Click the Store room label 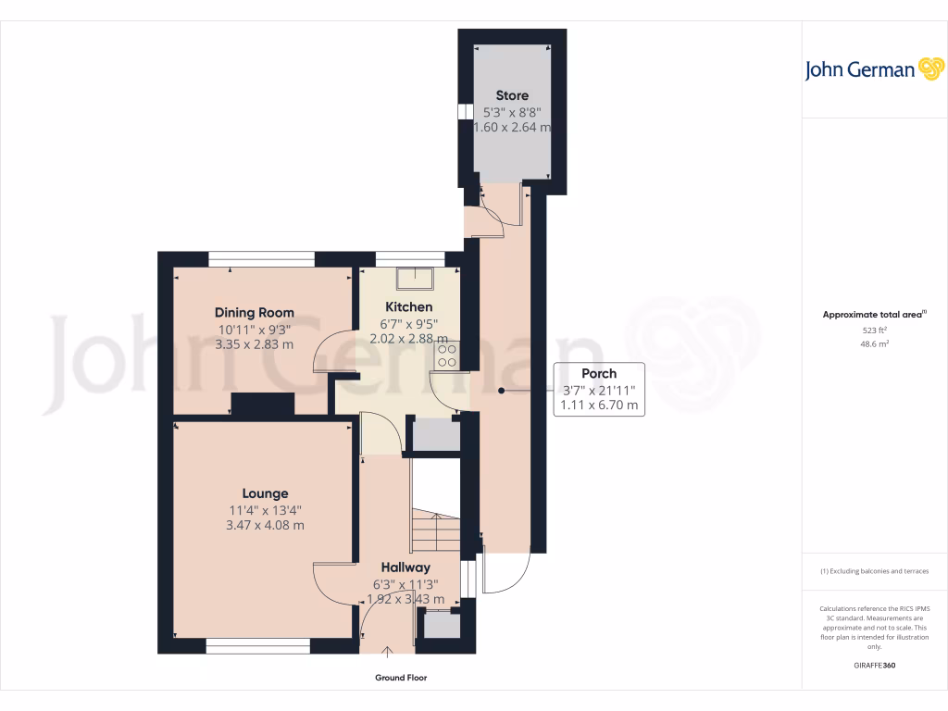point(512,95)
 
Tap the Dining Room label point(255,312)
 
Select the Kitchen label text point(409,306)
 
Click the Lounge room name point(265,493)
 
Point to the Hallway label point(405,568)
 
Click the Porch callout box point(598,389)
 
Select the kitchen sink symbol point(414,276)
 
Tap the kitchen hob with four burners point(445,355)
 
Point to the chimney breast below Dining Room point(262,404)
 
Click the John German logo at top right point(873,69)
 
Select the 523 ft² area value point(874,331)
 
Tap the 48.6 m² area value point(874,343)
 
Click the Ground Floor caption point(401,678)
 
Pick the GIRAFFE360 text point(874,665)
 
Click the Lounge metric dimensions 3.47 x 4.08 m point(265,525)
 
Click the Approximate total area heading point(873,315)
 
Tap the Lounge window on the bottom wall point(257,645)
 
